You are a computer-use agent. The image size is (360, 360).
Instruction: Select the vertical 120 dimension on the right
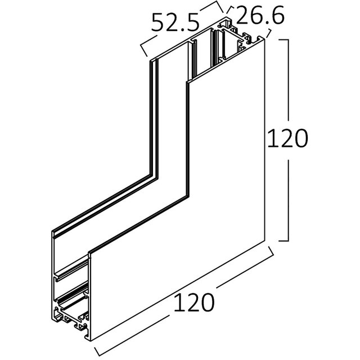tap(287, 137)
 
